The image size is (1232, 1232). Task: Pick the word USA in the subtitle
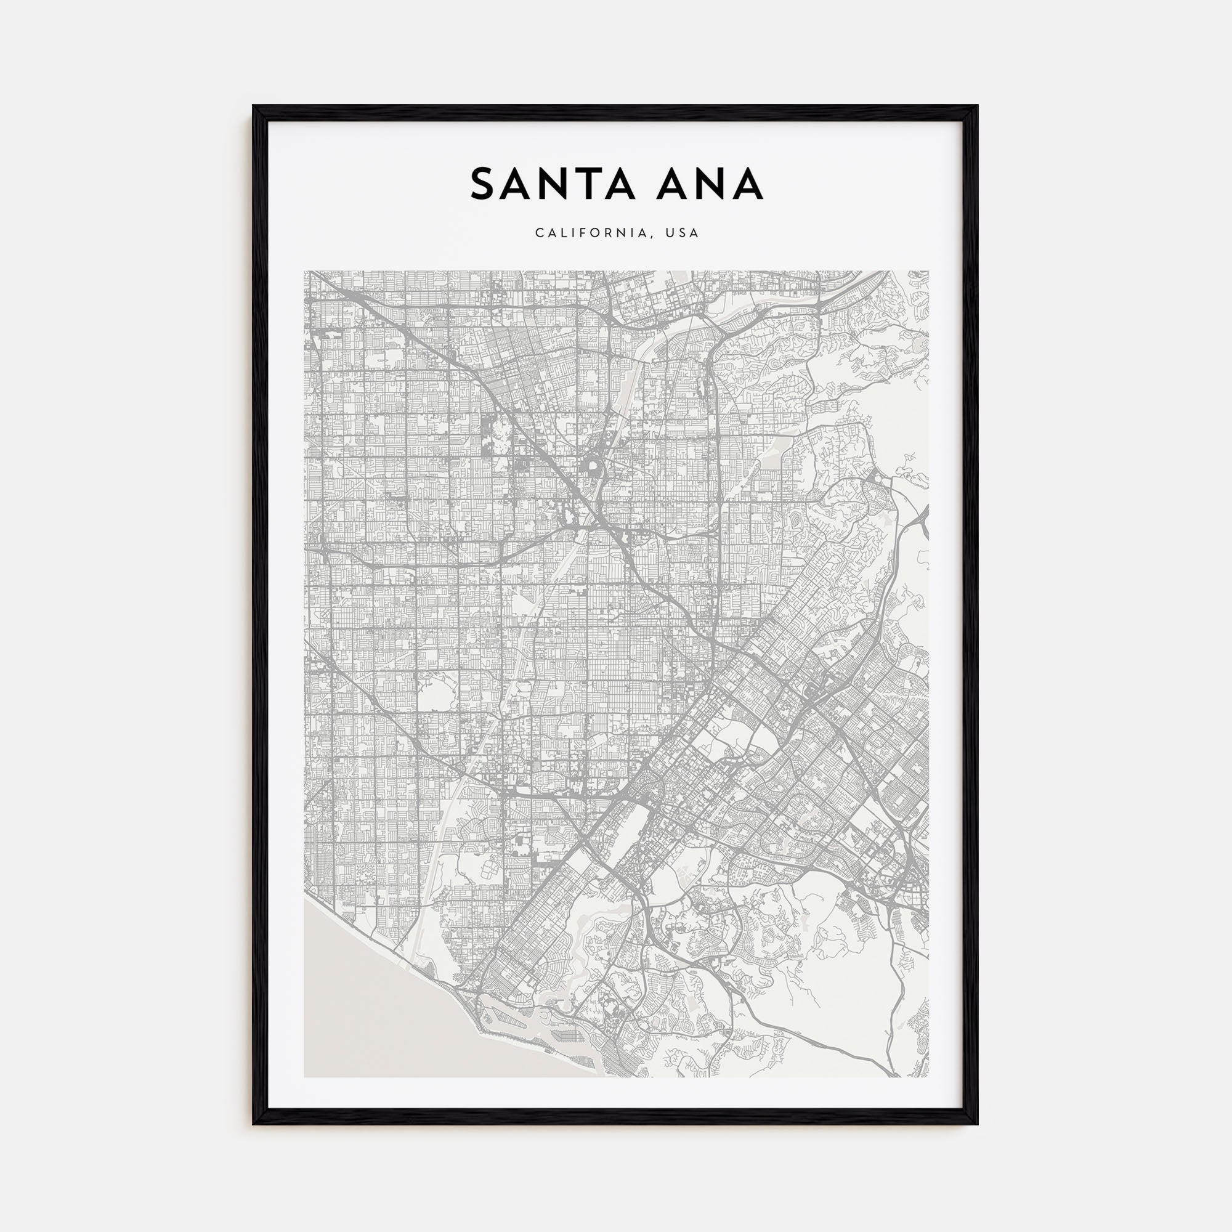[682, 233]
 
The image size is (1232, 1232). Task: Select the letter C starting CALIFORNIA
[540, 233]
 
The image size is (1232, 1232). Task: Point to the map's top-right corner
[927, 272]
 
